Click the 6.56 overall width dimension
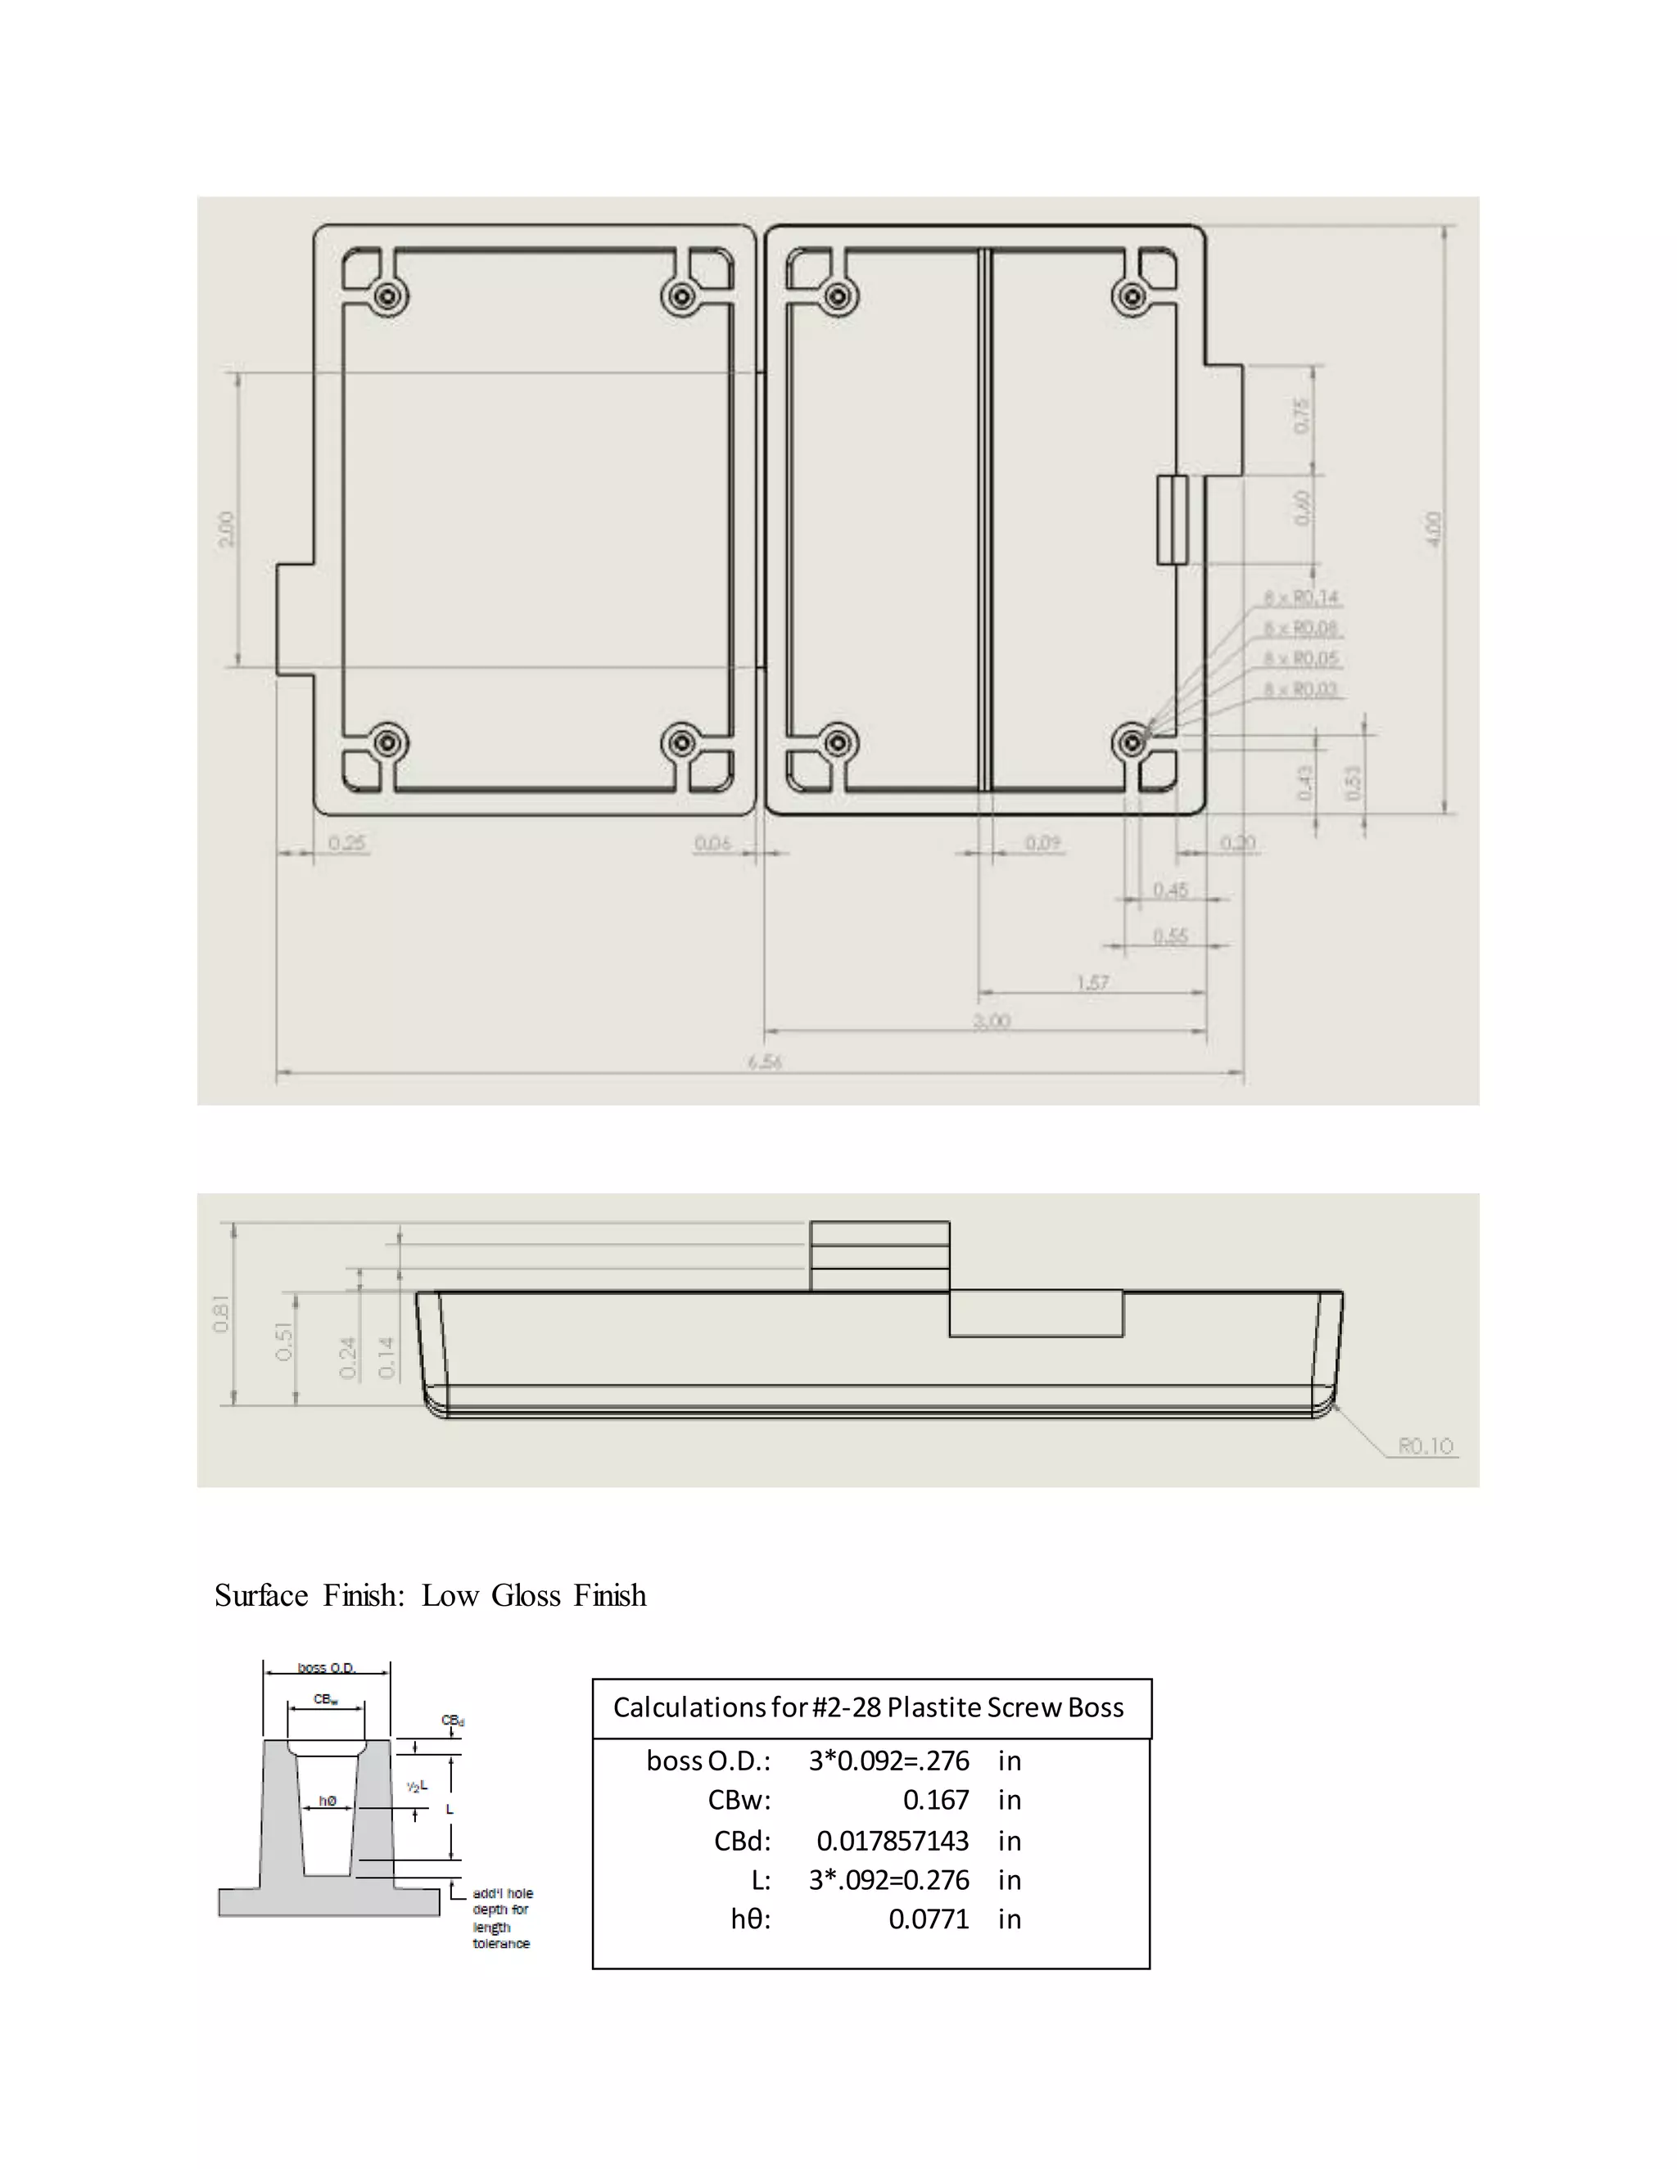765,1062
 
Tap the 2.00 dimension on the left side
227,529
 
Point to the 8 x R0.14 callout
1301,597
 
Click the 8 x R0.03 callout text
1301,689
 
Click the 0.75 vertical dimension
1303,415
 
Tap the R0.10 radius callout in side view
1426,1446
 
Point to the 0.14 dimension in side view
387,1358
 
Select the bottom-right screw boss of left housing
681,743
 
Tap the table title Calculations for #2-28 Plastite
868,1707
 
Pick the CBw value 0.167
935,1800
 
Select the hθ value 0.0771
928,1919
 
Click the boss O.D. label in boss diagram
327,1667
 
